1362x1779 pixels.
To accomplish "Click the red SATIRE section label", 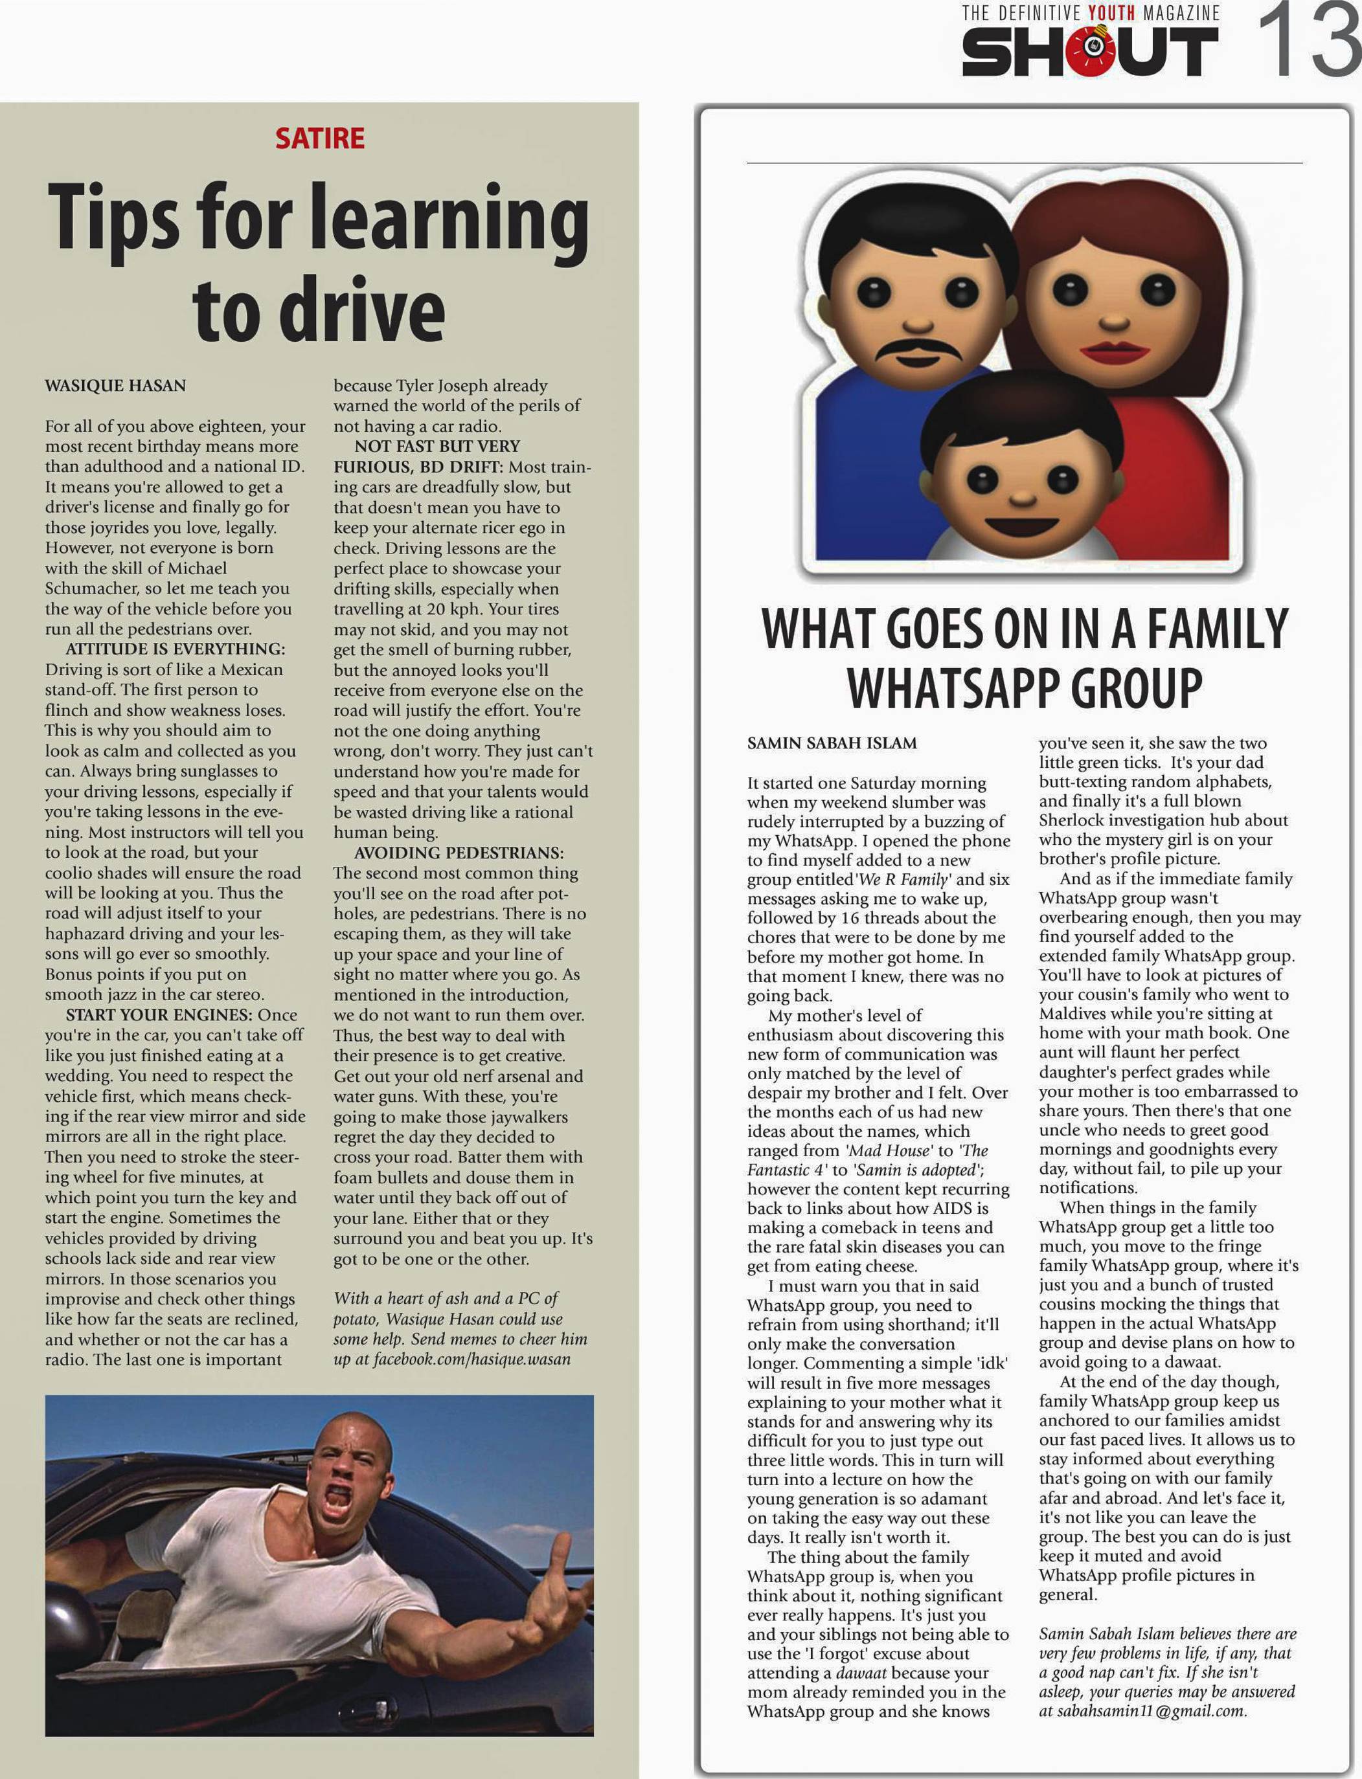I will (x=319, y=139).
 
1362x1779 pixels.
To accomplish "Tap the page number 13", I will (x=1307, y=41).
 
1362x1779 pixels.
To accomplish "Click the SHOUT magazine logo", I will (x=1089, y=51).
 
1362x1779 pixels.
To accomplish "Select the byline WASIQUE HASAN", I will (x=115, y=386).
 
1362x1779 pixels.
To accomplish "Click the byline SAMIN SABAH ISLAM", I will (x=832, y=743).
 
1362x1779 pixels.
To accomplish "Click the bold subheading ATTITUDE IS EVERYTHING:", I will (x=175, y=649).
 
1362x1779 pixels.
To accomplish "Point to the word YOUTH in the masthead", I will (x=1111, y=13).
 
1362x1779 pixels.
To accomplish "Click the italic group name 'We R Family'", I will (x=902, y=879).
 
